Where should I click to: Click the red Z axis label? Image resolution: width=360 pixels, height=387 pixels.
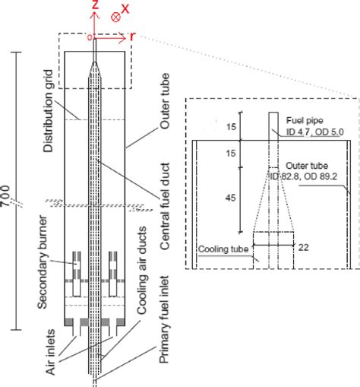point(94,8)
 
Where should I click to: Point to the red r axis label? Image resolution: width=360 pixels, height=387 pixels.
point(132,36)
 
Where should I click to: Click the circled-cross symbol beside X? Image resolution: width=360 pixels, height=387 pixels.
point(115,16)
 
